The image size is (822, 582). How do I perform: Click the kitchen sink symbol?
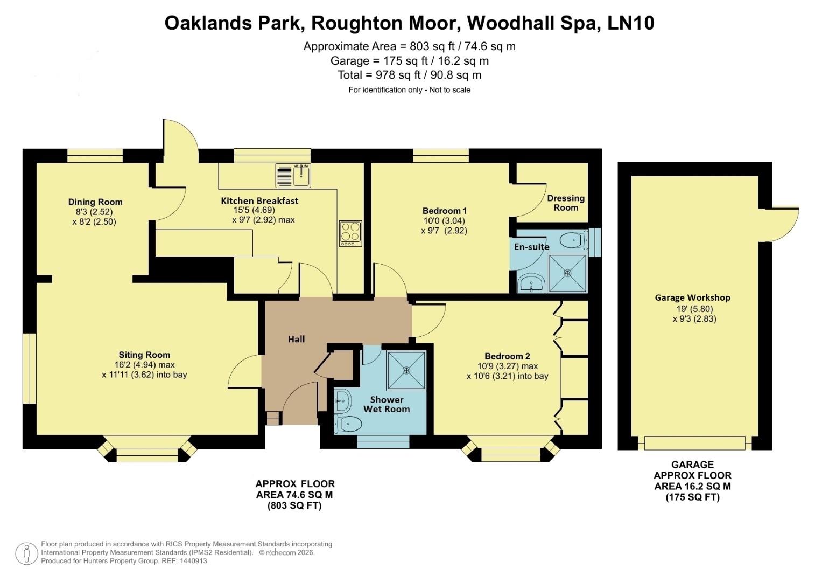pos(293,175)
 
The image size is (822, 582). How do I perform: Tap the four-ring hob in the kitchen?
pos(350,234)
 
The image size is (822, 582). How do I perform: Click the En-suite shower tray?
pos(567,273)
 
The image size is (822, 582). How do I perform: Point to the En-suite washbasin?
pos(531,284)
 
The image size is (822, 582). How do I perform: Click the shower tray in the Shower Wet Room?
pos(406,370)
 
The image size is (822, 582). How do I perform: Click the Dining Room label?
pos(95,202)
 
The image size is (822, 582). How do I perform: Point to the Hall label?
pos(296,339)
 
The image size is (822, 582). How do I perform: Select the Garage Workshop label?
pos(692,297)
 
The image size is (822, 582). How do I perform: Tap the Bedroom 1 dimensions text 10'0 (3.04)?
pos(444,220)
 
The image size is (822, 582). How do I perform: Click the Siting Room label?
pos(144,355)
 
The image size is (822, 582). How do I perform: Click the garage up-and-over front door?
pos(695,443)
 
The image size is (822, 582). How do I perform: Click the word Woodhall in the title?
pos(514,23)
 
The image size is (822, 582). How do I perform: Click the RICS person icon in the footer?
pos(26,553)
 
